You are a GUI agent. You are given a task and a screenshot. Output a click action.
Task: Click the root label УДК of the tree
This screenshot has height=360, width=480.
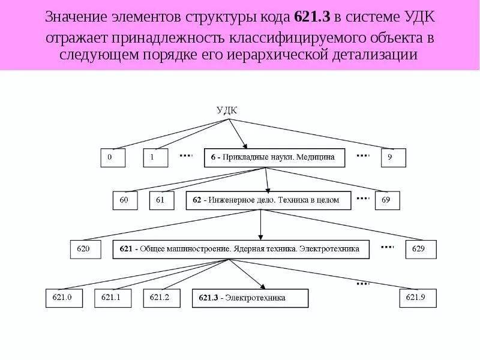[226, 110]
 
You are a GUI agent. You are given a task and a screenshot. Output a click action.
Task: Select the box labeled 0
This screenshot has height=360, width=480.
[112, 158]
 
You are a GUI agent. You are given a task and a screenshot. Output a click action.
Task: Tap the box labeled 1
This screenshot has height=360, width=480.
[155, 158]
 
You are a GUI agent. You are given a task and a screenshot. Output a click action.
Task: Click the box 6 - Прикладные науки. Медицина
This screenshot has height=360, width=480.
[274, 158]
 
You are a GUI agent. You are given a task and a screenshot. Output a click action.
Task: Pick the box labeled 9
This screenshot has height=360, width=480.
[393, 158]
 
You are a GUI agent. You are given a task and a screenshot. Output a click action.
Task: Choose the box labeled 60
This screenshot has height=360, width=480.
[125, 200]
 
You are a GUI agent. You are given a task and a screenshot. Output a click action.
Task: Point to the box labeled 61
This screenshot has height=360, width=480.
[161, 200]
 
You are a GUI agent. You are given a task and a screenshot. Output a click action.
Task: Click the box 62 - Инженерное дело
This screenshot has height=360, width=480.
[270, 200]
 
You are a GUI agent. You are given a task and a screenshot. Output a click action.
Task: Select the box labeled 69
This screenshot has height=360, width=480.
[387, 200]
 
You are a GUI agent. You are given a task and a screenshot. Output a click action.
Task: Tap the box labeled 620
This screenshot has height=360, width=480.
[85, 249]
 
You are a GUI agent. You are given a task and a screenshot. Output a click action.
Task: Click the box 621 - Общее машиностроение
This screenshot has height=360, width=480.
[241, 249]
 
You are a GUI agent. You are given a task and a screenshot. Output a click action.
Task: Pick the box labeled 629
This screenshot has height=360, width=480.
[421, 249]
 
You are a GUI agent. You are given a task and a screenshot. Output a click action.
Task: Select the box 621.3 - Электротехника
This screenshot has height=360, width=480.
[250, 298]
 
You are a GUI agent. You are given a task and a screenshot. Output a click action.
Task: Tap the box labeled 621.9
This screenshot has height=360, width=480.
[418, 298]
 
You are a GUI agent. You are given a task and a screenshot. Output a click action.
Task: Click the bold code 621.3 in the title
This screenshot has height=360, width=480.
[314, 17]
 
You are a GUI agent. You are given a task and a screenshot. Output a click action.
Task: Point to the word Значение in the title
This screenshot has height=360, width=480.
[77, 17]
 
